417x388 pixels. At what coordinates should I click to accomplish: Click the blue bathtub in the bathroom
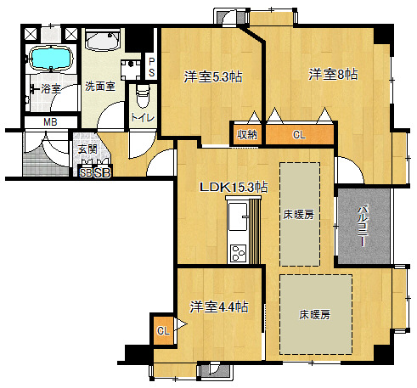tap(50, 58)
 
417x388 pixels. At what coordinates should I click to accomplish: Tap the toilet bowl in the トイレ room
tap(143, 96)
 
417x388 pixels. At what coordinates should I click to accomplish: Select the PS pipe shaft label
tap(151, 67)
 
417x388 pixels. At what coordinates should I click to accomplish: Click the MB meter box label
tap(50, 122)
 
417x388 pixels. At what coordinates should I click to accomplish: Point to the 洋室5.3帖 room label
tap(213, 76)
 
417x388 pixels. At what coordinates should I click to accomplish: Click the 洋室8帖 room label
tap(333, 74)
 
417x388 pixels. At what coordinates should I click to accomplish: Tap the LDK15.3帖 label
tap(234, 187)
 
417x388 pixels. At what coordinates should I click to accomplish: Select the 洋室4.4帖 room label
tap(219, 306)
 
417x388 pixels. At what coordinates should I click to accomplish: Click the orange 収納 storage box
tap(247, 134)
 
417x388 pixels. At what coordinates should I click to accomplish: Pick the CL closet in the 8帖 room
tap(300, 134)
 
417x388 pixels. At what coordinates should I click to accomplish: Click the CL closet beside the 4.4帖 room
tap(163, 330)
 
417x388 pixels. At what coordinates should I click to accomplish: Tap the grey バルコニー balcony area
tap(363, 226)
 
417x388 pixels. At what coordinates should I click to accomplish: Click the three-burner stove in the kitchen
tap(238, 253)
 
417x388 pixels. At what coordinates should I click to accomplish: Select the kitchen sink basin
tap(238, 216)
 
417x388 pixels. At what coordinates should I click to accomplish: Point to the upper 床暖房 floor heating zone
tap(300, 214)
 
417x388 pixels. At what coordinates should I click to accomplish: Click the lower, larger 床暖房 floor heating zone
tap(316, 314)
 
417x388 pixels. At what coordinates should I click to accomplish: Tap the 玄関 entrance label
tap(87, 149)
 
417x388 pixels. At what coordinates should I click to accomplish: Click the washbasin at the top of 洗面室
tap(103, 40)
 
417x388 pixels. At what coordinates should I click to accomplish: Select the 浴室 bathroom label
tap(51, 89)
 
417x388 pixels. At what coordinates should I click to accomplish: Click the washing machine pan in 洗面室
tap(131, 70)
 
